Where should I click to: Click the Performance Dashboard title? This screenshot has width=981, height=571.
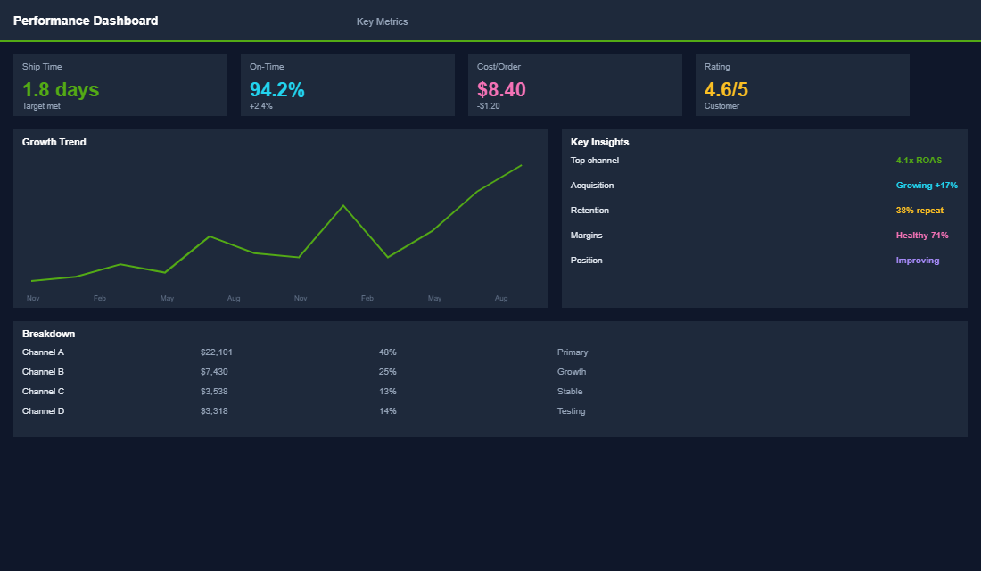tap(86, 21)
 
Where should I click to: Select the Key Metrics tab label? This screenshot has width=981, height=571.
tap(382, 21)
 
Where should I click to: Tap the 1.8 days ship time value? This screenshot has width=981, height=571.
tap(61, 89)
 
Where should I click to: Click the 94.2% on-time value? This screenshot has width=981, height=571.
tap(276, 89)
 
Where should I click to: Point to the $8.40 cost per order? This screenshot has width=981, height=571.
tap(501, 89)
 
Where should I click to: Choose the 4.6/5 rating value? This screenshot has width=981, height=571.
tap(726, 89)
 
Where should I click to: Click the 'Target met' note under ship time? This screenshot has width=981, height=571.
tap(41, 106)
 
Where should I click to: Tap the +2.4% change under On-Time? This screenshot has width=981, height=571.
tap(261, 106)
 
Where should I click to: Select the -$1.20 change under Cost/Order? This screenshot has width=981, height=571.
tap(489, 106)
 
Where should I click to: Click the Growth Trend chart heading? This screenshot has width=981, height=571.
tap(54, 142)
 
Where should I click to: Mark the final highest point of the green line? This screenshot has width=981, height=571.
tap(521, 165)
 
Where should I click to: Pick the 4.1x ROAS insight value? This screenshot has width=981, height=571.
tap(919, 161)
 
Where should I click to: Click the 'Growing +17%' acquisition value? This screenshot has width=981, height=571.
tap(927, 186)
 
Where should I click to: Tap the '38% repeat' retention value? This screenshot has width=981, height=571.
tap(919, 211)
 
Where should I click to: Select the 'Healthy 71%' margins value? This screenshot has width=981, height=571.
tap(922, 236)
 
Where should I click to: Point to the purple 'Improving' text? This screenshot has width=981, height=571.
tap(918, 261)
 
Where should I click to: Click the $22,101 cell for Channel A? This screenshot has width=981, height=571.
tap(217, 352)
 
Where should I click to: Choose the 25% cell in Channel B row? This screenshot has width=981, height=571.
tap(387, 372)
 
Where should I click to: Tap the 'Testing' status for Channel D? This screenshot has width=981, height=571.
tap(571, 411)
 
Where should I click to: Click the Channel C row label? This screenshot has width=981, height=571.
tap(43, 392)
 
